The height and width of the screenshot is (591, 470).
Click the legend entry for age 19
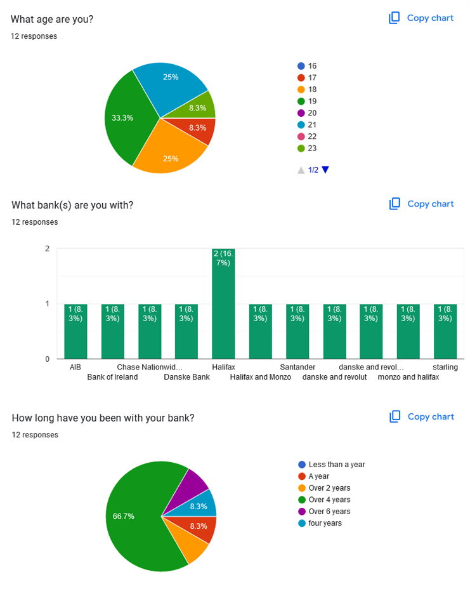point(312,101)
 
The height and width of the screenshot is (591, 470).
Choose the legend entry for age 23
point(312,148)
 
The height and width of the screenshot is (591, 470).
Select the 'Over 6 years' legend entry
point(329,511)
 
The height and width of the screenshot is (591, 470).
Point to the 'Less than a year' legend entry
point(336,464)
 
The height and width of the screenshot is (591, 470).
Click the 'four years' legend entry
point(325,523)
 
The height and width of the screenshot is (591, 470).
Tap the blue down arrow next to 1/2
point(325,170)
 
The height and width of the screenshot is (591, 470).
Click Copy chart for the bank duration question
point(422,416)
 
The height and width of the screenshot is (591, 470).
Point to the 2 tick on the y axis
point(47,248)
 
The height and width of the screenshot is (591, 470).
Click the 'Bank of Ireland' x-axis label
point(112,377)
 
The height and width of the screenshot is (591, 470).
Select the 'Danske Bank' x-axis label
point(186,377)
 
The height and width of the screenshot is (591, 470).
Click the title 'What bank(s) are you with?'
point(72,205)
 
